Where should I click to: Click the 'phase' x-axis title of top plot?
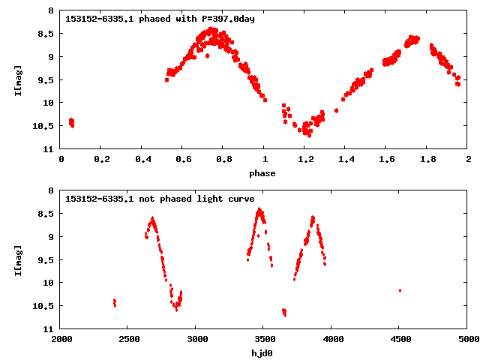[x=264, y=173]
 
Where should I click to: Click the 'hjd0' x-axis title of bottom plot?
[x=264, y=353]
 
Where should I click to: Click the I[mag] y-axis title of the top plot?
[x=18, y=79]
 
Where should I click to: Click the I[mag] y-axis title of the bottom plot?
[x=18, y=259]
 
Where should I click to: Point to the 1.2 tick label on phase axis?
[x=305, y=159]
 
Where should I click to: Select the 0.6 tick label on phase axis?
[x=183, y=159]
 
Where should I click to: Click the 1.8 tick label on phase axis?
[x=427, y=159]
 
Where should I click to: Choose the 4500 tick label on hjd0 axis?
[x=400, y=339]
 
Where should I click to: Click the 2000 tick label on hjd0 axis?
[x=61, y=339]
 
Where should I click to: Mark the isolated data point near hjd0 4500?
[x=400, y=290]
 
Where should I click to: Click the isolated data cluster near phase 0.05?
[x=71, y=122]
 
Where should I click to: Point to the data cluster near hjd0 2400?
[x=114, y=302]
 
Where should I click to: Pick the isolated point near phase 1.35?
[x=336, y=110]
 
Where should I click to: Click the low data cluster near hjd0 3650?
[x=284, y=312]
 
